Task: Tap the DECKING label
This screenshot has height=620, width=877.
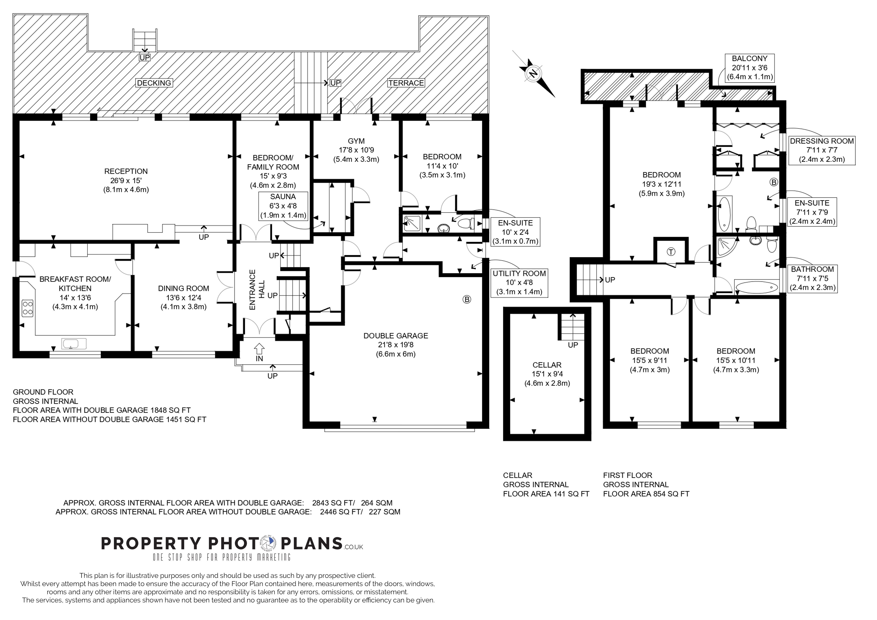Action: point(154,83)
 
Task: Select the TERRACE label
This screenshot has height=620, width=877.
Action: point(406,83)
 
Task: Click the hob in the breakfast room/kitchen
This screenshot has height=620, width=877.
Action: point(27,308)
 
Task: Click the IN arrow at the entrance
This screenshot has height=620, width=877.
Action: point(259,349)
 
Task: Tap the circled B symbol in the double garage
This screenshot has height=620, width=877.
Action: point(467,299)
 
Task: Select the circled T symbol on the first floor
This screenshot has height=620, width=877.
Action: point(671,252)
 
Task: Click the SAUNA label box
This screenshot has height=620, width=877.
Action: point(283,206)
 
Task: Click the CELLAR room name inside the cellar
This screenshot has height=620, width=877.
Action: point(547,365)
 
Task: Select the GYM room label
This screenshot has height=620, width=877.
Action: point(356,141)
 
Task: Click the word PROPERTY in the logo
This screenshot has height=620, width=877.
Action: point(151,543)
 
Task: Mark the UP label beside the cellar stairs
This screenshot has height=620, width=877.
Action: point(573,345)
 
